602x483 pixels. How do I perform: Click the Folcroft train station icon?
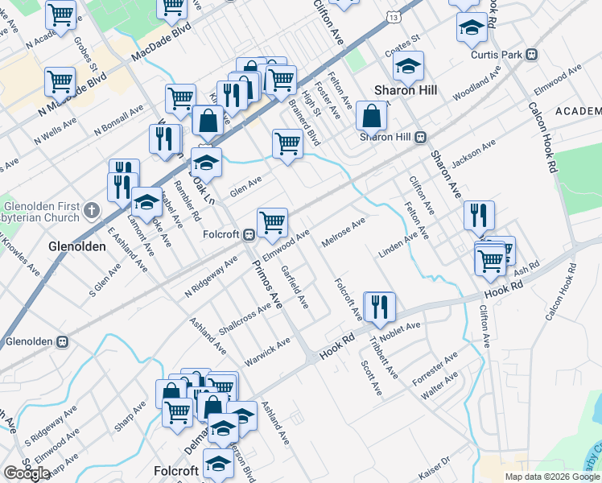(249, 235)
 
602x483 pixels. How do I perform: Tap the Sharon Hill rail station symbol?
(420, 138)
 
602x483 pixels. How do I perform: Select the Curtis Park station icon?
(530, 55)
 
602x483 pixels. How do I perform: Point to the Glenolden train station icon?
(62, 341)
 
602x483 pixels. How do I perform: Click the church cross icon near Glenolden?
(91, 211)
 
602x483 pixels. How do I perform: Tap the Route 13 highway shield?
(391, 16)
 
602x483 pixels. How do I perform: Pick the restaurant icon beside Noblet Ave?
(379, 306)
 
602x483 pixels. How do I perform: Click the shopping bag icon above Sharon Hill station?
(371, 117)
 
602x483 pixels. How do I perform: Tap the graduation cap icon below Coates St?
(409, 66)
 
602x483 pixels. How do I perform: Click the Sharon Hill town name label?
(406, 90)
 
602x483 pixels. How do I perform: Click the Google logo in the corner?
(27, 473)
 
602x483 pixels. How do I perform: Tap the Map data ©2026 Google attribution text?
(551, 477)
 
